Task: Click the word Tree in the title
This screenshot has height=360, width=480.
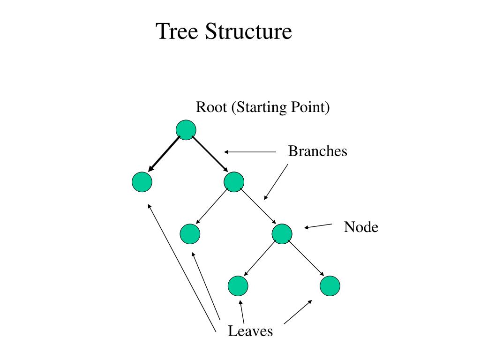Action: (177, 31)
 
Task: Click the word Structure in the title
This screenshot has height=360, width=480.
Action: (248, 31)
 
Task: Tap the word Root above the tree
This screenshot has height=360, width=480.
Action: (211, 107)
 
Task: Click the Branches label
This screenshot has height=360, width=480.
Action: (317, 151)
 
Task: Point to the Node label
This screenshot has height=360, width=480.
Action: (361, 227)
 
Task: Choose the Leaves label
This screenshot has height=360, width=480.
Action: (250, 331)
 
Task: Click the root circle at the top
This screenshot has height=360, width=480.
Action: (186, 130)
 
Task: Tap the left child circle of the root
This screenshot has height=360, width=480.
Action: (142, 182)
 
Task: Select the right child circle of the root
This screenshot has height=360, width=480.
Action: (234, 182)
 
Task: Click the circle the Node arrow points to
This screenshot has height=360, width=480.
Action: (282, 234)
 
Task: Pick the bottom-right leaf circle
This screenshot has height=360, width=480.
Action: (330, 286)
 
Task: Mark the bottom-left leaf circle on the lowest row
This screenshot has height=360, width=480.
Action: (238, 286)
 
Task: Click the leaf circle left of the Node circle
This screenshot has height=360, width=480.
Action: (190, 234)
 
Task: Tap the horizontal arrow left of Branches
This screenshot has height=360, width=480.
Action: (250, 152)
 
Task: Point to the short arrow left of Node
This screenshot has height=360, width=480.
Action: (318, 226)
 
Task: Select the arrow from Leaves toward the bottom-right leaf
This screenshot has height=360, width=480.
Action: (298, 312)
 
